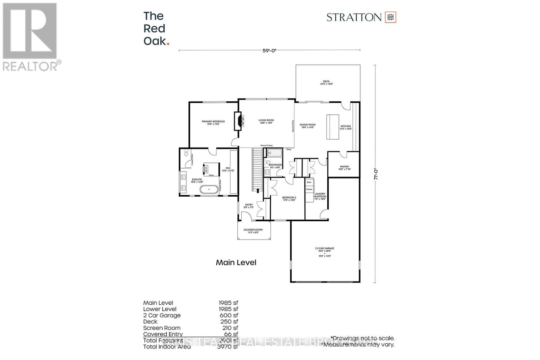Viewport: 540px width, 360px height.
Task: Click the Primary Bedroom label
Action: click(x=213, y=123)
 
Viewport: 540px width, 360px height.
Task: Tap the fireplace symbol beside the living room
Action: click(x=239, y=121)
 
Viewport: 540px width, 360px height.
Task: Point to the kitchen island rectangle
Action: click(x=332, y=127)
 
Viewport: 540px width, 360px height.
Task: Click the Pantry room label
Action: click(x=345, y=168)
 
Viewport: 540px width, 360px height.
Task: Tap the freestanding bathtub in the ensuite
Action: click(x=209, y=189)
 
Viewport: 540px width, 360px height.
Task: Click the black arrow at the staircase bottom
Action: click(x=258, y=191)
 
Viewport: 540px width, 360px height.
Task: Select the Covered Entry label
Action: click(x=253, y=231)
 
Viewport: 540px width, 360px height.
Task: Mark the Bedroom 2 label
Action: click(x=289, y=199)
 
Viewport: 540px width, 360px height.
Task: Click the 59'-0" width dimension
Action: click(x=269, y=51)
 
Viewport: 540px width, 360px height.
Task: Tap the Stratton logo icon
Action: click(x=390, y=17)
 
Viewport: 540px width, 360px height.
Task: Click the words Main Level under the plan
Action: click(x=236, y=262)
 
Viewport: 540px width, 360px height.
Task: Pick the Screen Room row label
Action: click(x=162, y=328)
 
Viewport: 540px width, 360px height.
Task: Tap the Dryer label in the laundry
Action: click(x=309, y=182)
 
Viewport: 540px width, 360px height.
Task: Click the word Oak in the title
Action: click(x=155, y=41)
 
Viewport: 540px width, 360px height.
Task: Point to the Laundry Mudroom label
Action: click(x=320, y=196)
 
